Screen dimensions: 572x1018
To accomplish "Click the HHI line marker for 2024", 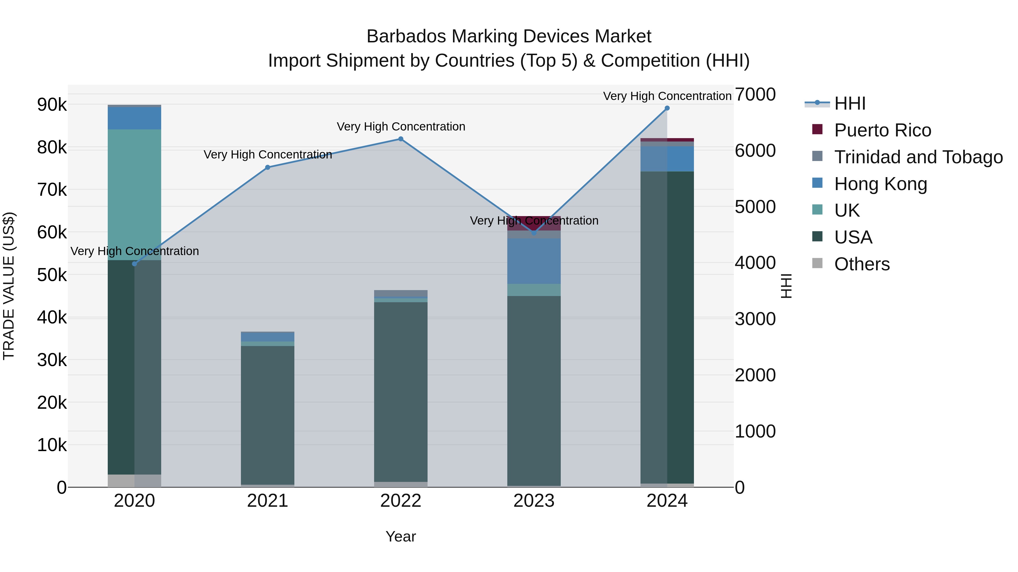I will (x=667, y=108).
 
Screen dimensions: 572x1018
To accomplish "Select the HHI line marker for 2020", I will (x=134, y=264).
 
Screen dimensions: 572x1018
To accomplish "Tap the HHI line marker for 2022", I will (x=401, y=139).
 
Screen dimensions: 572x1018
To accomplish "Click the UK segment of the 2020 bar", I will (x=134, y=194).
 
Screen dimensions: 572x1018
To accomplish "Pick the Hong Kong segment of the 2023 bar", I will (x=534, y=261).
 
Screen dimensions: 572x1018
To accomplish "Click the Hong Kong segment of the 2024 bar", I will (x=667, y=159).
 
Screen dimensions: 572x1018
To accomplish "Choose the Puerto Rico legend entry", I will (x=882, y=130).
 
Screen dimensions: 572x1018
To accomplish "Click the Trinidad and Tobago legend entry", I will (x=918, y=157).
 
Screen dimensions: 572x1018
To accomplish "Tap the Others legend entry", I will (x=862, y=264).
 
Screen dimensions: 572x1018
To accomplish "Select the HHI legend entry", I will (x=850, y=103).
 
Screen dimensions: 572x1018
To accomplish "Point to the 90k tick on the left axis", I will (x=52, y=105).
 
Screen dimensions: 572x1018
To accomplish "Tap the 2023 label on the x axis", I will (x=534, y=501).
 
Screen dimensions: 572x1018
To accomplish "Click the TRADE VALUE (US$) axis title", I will (x=9, y=286).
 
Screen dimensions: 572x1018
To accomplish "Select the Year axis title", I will (x=401, y=536).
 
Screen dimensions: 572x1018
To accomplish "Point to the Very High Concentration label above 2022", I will (x=401, y=127).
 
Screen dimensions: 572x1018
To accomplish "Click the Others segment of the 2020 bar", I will (x=134, y=480).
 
